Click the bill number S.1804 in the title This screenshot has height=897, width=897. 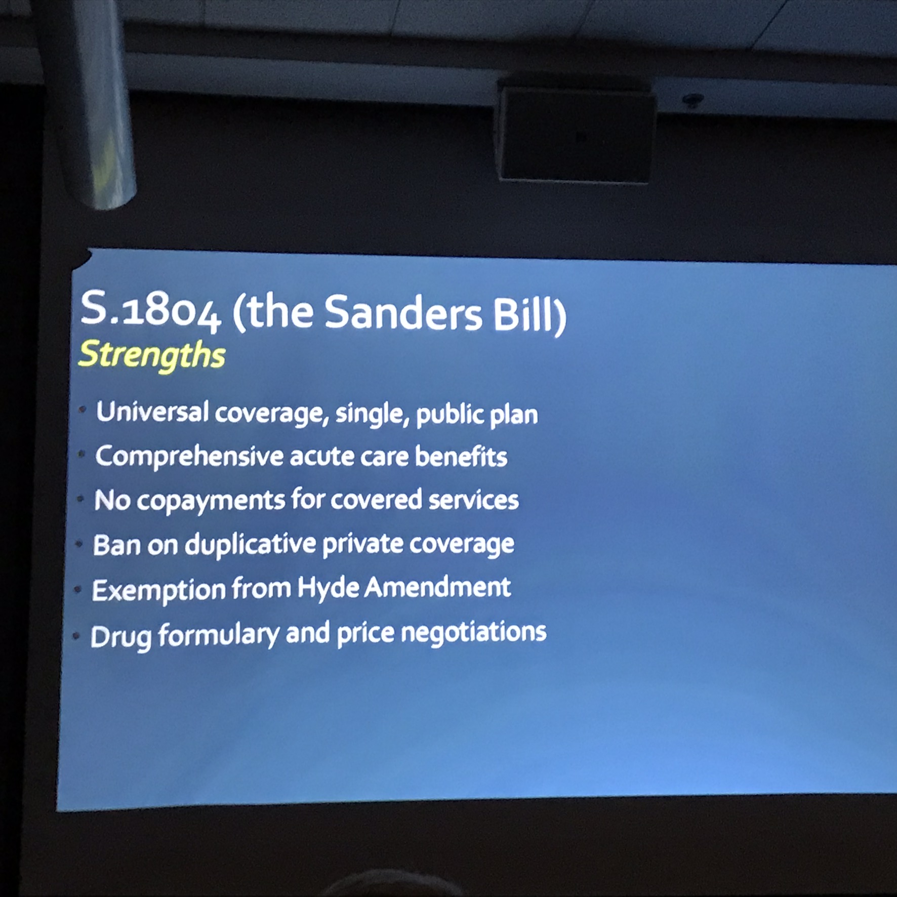(x=151, y=309)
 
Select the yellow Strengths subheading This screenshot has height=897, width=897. (x=152, y=355)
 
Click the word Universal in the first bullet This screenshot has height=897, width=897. (x=152, y=411)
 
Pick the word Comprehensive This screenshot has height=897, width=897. (x=189, y=457)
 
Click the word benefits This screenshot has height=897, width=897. (x=461, y=457)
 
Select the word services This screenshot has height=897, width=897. (x=473, y=500)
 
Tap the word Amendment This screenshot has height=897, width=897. (x=437, y=587)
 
